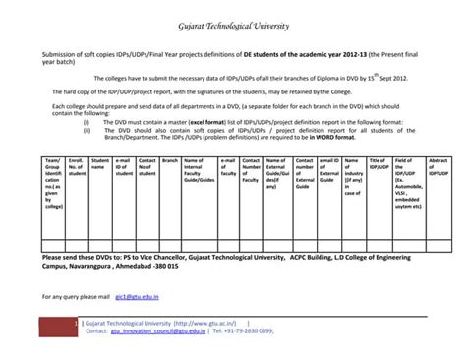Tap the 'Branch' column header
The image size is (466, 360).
point(169,158)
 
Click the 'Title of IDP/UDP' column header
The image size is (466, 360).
point(379,162)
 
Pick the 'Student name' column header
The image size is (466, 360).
point(99,162)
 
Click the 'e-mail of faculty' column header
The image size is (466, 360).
point(227,162)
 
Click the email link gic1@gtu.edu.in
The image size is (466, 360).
point(137,294)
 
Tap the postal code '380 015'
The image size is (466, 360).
point(164,266)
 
